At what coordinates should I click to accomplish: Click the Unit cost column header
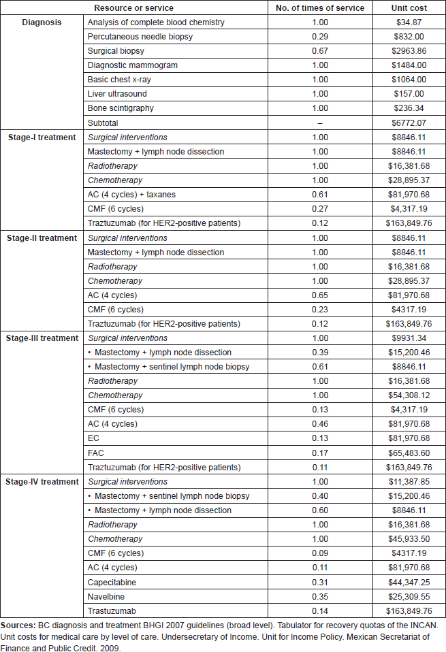[409, 8]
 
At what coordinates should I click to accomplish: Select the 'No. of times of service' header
[320, 8]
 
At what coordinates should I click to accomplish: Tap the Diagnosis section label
[42, 22]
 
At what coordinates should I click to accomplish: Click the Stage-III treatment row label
[42, 338]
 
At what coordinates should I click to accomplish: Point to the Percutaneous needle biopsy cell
[140, 37]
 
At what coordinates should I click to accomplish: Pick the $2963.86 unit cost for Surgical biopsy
[409, 51]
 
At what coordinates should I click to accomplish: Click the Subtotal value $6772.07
[409, 123]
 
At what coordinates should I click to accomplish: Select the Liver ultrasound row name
[117, 94]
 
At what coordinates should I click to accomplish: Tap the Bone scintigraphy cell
[121, 108]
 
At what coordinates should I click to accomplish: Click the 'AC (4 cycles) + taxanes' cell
[131, 195]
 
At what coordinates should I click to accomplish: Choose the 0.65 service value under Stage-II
[320, 295]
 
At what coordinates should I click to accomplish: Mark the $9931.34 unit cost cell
[409, 338]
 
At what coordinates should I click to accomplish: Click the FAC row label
[96, 453]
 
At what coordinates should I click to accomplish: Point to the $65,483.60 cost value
[409, 453]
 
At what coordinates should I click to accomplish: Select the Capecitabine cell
[112, 582]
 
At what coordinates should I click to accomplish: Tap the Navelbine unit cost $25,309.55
[409, 597]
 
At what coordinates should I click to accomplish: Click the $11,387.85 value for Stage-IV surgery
[409, 482]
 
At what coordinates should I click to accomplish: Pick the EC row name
[93, 438]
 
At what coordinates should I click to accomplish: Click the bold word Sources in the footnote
[18, 625]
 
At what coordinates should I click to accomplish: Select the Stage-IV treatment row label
[42, 482]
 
